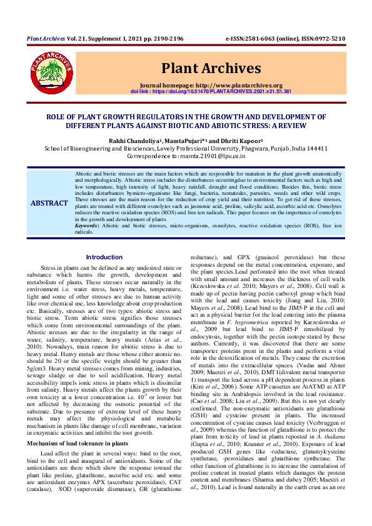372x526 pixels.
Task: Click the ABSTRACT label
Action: pos(49,204)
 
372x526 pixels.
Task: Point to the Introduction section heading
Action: pos(104,257)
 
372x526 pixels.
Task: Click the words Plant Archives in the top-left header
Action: pos(46,39)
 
